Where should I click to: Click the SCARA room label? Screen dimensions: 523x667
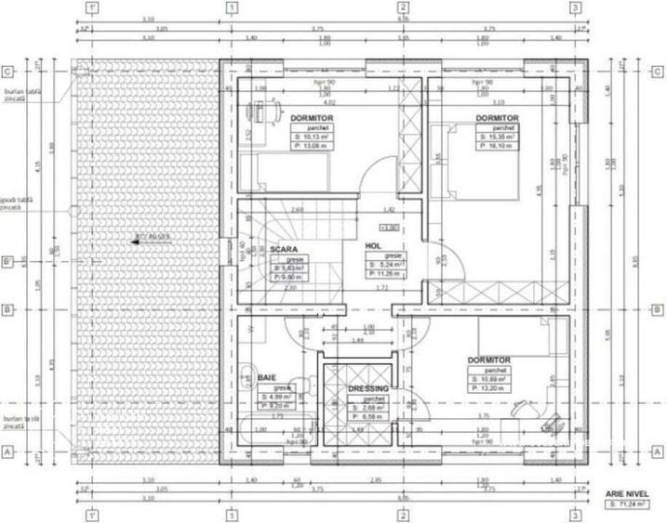(283, 250)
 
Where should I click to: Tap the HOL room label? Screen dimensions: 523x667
(373, 245)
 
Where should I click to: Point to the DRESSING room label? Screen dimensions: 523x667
(367, 388)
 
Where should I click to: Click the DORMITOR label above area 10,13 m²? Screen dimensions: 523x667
(312, 119)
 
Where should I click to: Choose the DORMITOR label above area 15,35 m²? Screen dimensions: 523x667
(497, 118)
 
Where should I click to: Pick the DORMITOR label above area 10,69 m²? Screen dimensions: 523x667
(489, 360)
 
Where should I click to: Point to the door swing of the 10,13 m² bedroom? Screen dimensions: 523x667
(381, 176)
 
